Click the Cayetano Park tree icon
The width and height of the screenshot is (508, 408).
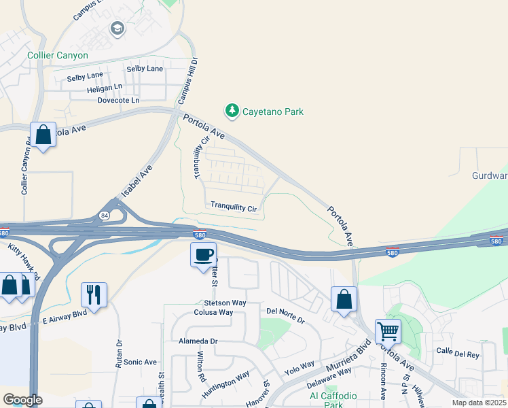[x=232, y=111]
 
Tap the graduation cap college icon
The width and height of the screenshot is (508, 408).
[x=117, y=29]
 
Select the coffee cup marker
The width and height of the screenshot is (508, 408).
[x=203, y=255]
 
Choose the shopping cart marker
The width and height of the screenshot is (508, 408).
[x=388, y=332]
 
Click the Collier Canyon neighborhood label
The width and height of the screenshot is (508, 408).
[x=58, y=55]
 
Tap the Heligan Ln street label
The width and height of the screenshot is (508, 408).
[x=105, y=88]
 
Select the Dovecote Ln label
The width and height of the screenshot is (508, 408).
[x=118, y=100]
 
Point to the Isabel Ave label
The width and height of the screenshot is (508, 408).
[x=137, y=182]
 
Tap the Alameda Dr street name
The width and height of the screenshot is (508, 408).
[x=198, y=341]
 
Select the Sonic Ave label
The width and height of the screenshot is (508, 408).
[x=140, y=362]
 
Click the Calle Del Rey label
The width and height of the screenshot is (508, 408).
[x=458, y=354]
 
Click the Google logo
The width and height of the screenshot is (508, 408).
[x=22, y=400]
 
